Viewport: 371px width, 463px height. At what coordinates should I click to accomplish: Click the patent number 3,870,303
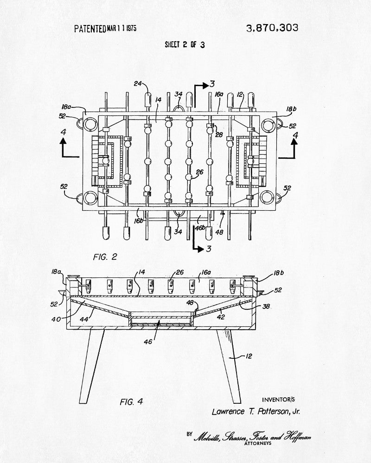(272, 28)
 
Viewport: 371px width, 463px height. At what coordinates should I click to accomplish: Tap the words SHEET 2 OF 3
(185, 44)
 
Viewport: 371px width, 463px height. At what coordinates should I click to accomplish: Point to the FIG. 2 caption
(105, 257)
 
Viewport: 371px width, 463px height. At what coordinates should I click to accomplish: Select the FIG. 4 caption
(131, 401)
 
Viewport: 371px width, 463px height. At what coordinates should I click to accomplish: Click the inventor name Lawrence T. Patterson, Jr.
(256, 412)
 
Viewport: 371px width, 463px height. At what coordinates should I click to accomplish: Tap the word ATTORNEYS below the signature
(258, 443)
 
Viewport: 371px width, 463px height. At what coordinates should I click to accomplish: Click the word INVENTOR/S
(278, 400)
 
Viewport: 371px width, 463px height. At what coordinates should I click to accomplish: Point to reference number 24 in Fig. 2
(138, 83)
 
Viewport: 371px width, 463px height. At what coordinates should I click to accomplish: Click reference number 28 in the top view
(219, 135)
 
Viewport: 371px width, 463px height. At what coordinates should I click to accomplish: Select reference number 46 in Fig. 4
(148, 342)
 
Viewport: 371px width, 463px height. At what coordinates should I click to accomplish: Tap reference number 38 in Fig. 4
(266, 307)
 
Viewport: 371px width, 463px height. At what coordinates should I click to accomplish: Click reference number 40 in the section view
(56, 319)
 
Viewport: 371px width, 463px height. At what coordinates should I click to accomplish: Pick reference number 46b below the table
(200, 228)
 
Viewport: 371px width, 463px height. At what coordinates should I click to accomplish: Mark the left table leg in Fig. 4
(92, 366)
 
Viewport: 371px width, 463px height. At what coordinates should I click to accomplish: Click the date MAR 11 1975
(122, 28)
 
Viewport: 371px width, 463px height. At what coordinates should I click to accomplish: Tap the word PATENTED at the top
(90, 29)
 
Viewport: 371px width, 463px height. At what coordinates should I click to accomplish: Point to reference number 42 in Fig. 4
(221, 317)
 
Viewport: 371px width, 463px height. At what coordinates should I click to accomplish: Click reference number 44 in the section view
(84, 319)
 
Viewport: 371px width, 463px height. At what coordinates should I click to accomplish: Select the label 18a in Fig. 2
(66, 106)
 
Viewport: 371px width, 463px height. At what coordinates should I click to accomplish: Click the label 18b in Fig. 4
(278, 273)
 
